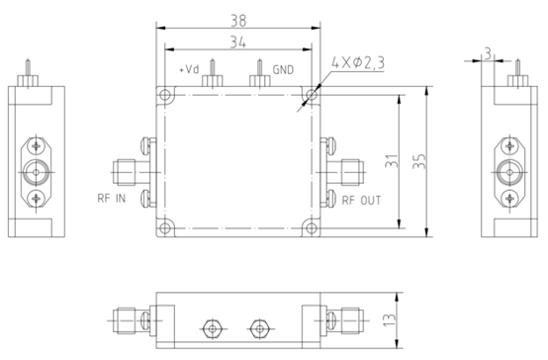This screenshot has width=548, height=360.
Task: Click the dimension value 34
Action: (x=237, y=42)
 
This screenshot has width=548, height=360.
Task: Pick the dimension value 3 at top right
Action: (x=489, y=50)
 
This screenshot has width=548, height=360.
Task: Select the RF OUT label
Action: (x=361, y=199)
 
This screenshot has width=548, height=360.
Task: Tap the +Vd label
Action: (x=188, y=71)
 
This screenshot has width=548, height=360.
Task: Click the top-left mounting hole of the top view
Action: (x=165, y=96)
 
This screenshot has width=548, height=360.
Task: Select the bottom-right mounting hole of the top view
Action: (x=311, y=226)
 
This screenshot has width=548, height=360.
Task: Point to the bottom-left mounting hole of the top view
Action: (x=165, y=226)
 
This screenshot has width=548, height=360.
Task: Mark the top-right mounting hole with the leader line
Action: (x=311, y=96)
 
